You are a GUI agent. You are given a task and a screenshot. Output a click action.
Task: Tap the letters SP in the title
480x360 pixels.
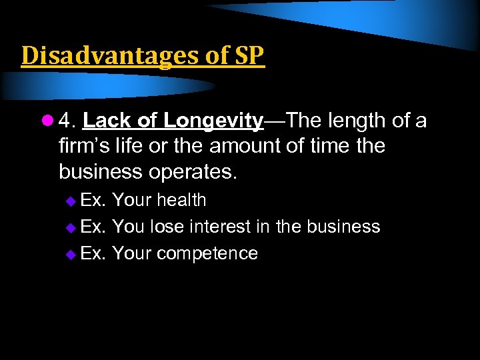click(249, 56)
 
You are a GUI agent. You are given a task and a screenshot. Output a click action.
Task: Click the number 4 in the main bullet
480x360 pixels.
click(65, 121)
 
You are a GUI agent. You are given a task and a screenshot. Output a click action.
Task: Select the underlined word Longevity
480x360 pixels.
click(213, 121)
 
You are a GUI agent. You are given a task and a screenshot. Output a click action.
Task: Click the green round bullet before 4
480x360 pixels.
click(47, 121)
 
